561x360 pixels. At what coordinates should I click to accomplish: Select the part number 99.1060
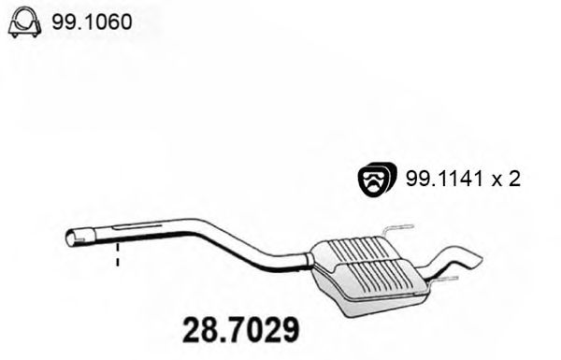click(92, 21)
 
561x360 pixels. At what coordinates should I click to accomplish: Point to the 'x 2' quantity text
click(505, 180)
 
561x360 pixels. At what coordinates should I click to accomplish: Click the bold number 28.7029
click(239, 330)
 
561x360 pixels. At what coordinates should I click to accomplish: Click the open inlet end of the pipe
click(72, 239)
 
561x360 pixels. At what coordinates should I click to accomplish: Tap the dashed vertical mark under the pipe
click(118, 257)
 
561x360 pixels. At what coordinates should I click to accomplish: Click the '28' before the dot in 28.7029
click(194, 330)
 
